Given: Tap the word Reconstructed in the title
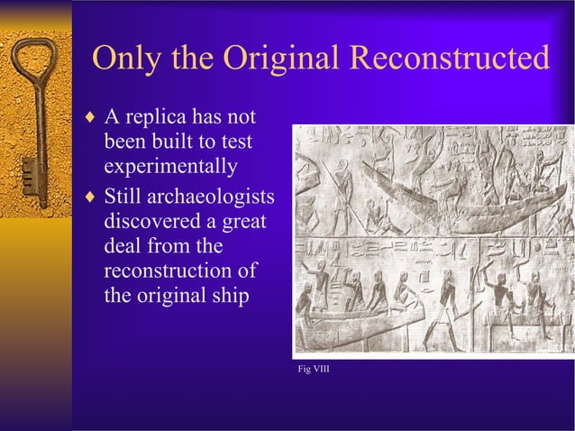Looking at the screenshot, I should click(448, 60).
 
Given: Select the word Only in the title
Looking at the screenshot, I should click(124, 60).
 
